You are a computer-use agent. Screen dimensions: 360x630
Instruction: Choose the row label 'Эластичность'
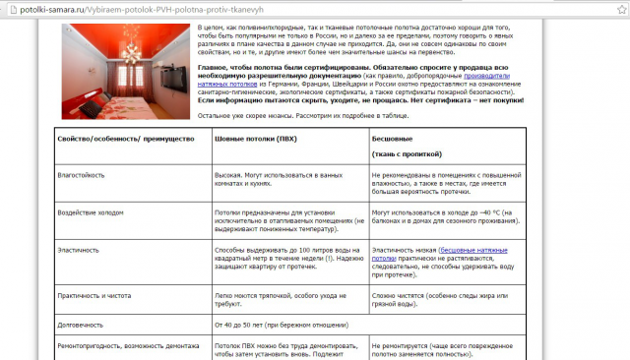(x=82, y=250)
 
